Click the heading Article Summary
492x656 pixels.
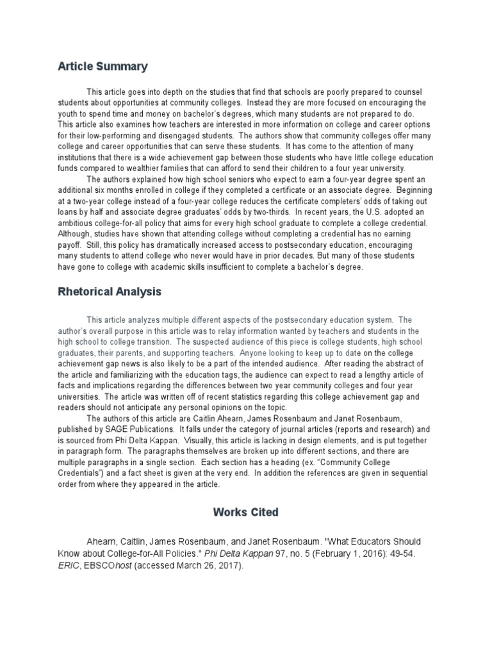pyautogui.click(x=102, y=66)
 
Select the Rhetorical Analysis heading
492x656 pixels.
pyautogui.click(x=110, y=292)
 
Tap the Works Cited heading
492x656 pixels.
pyautogui.click(x=246, y=512)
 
